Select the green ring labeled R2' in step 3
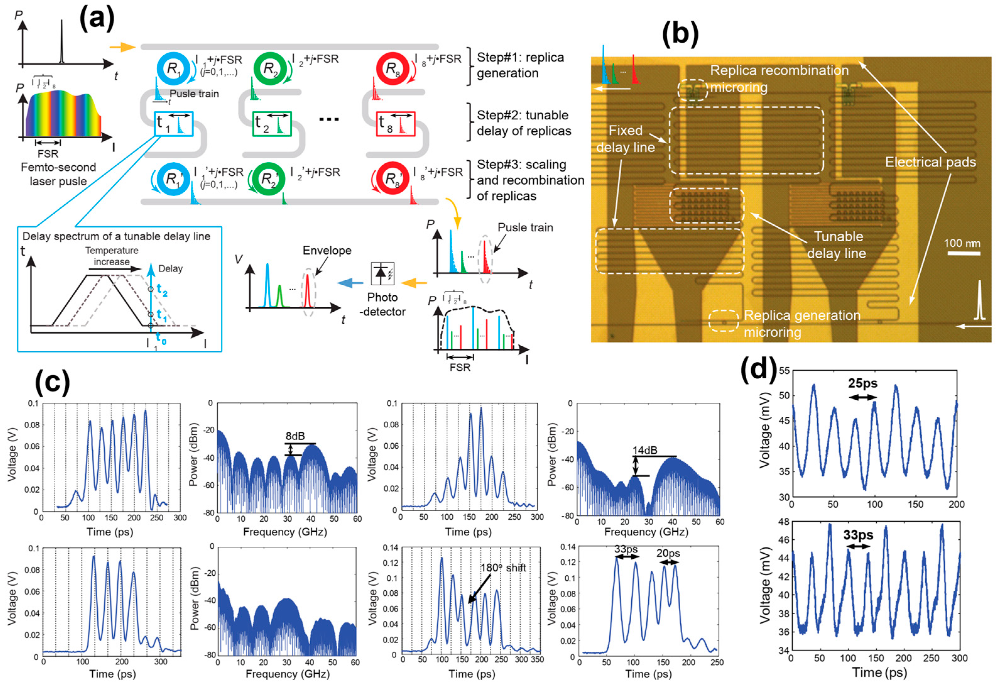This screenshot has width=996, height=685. coord(269,178)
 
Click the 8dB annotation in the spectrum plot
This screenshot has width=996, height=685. coord(295,436)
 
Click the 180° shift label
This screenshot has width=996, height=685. coord(503,568)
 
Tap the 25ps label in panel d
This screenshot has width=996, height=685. coord(863,383)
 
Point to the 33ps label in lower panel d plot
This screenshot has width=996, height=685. coord(858,535)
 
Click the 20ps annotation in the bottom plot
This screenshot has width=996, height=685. coord(668,553)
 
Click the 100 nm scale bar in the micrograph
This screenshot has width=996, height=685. coord(963,253)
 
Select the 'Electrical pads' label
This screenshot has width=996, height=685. coord(930,162)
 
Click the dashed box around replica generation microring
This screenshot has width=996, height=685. coord(723,321)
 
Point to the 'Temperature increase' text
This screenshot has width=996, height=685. coord(112,256)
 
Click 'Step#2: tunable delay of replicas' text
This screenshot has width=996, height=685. coord(524,123)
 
